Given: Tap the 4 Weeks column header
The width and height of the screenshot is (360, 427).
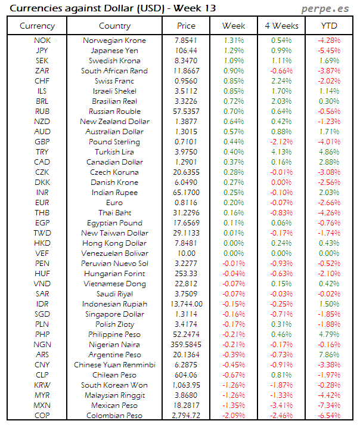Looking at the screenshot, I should (x=281, y=26).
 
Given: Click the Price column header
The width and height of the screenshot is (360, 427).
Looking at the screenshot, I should (x=186, y=26).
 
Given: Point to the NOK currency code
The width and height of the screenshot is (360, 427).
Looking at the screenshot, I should (x=42, y=41).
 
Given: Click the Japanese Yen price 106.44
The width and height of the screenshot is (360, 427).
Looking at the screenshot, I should (x=186, y=51).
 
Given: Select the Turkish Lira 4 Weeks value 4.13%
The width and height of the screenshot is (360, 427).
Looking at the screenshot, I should (x=281, y=152).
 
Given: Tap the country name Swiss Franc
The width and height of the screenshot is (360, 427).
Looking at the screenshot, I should (x=114, y=81).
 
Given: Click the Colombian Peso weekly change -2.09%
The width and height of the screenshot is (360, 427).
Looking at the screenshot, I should (x=234, y=416).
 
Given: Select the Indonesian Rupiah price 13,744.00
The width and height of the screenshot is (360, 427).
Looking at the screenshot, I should (x=186, y=304).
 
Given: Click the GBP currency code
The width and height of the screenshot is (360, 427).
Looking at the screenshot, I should (x=42, y=142).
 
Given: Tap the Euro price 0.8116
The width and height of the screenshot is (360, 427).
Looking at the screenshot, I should (x=186, y=203).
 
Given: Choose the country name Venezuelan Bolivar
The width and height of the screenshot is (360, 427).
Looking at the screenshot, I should (x=114, y=253).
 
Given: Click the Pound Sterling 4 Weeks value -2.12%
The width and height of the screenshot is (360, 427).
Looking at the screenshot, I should (x=281, y=142).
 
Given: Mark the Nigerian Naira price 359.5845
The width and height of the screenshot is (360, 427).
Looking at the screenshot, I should (x=186, y=345).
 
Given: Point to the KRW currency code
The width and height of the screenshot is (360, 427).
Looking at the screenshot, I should (x=42, y=385).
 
